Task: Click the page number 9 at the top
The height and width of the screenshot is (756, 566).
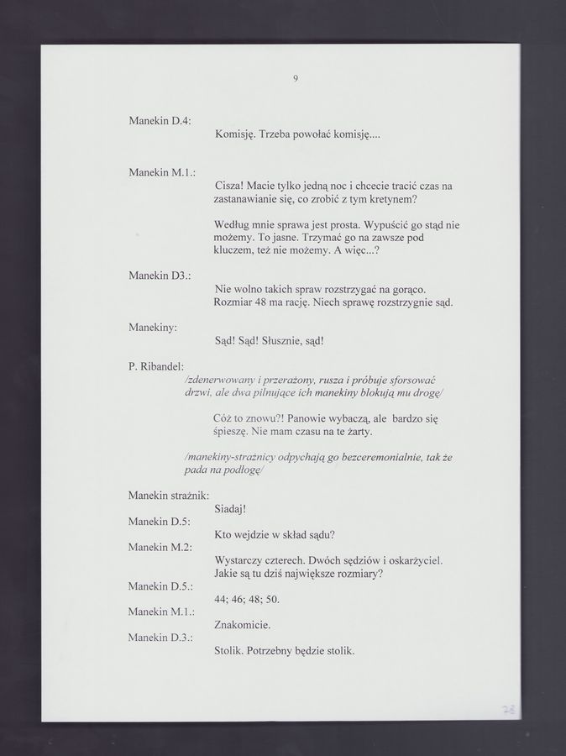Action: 296,79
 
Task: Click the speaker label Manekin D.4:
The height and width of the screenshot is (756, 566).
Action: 160,121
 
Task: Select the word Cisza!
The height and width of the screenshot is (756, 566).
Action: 229,185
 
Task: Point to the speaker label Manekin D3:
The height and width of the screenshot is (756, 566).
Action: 160,275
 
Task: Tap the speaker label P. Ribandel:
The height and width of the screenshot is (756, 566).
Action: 155,366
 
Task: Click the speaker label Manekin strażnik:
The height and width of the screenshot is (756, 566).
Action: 168,496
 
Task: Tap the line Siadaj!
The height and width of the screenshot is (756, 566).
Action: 229,509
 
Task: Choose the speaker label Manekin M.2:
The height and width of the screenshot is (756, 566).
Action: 160,547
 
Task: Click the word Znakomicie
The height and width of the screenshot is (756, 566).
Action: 242,625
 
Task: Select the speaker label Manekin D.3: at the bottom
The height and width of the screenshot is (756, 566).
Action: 160,638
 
